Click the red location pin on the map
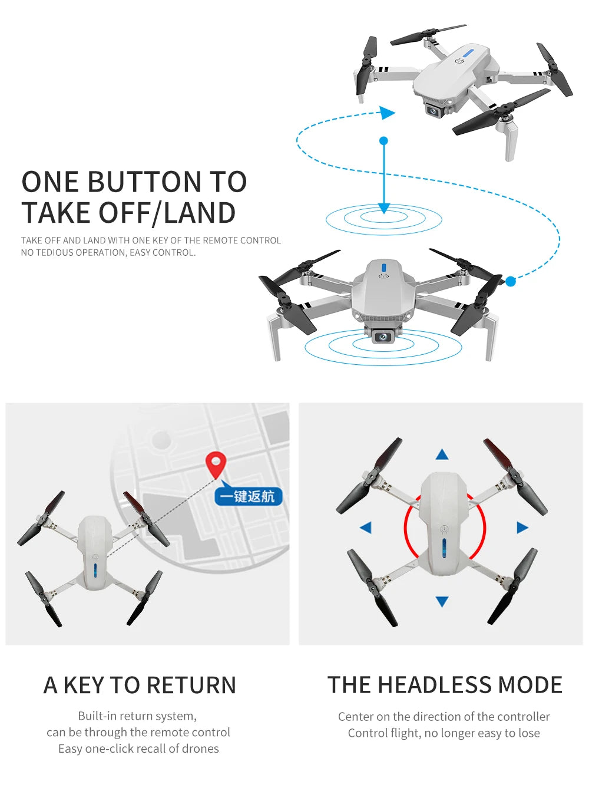click(x=216, y=463)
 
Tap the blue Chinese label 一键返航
click(x=249, y=496)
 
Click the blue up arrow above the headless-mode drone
click(x=442, y=454)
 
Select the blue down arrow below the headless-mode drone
click(x=442, y=601)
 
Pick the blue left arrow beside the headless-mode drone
click(x=366, y=528)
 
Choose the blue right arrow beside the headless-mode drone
click(x=522, y=528)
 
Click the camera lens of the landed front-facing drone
click(x=383, y=337)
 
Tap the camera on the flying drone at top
click(x=434, y=110)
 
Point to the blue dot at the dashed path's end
click(x=511, y=282)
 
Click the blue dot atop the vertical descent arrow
click(x=384, y=141)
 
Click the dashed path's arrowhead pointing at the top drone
click(x=387, y=113)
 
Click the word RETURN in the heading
click(x=191, y=685)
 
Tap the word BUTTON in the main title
click(x=144, y=182)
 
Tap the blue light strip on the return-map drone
click(x=95, y=571)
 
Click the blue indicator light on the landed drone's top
click(x=384, y=267)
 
